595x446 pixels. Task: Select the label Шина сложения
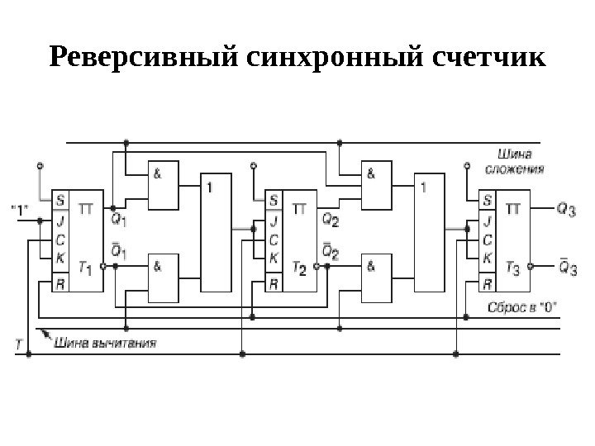pyautogui.click(x=520, y=162)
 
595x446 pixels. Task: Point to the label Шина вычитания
pyautogui.click(x=105, y=339)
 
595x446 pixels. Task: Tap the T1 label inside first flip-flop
pyautogui.click(x=85, y=268)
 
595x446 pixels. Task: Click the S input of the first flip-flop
pyautogui.click(x=59, y=199)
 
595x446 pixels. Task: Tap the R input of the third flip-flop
pyautogui.click(x=488, y=283)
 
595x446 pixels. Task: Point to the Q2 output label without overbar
pyautogui.click(x=329, y=220)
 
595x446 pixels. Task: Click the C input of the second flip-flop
pyautogui.click(x=274, y=240)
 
